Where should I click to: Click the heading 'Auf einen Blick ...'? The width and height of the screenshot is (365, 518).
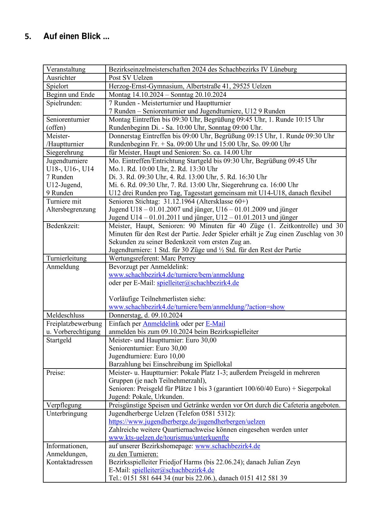(x=76, y=36)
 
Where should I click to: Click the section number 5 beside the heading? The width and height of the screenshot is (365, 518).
(x=28, y=37)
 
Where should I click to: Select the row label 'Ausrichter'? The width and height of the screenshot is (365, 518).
(x=61, y=78)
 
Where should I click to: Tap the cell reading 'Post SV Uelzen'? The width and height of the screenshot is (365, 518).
(x=131, y=78)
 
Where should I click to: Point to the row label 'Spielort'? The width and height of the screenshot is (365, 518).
(x=57, y=86)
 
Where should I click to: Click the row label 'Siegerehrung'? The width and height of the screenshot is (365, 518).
(x=65, y=153)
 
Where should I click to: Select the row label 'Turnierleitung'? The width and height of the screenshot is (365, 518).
(x=66, y=258)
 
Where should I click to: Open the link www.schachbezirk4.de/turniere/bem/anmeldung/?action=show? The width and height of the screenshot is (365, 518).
(x=196, y=307)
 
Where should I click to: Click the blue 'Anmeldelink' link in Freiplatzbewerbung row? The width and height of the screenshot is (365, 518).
(x=161, y=324)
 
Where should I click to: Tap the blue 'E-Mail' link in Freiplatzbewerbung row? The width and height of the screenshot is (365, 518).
(x=215, y=324)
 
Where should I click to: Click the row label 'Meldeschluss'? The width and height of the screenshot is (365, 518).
(x=65, y=315)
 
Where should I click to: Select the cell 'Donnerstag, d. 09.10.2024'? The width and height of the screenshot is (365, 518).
(x=145, y=315)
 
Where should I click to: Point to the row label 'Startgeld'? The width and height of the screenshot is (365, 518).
(x=59, y=340)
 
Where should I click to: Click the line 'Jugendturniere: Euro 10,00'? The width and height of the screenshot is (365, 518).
(x=147, y=356)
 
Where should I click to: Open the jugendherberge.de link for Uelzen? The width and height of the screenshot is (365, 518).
(x=187, y=422)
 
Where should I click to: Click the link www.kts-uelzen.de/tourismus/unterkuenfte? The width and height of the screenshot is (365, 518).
(x=169, y=438)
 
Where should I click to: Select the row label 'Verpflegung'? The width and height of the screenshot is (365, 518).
(x=64, y=405)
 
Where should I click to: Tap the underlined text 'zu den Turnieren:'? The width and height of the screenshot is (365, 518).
(x=133, y=454)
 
